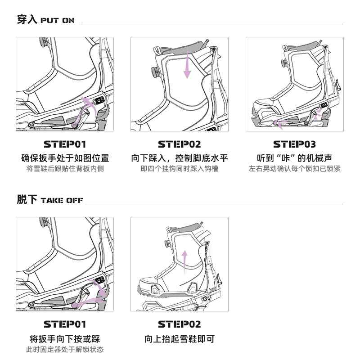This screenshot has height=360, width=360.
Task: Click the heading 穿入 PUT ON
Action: click(46, 19)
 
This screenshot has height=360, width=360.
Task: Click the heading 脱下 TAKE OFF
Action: click(50, 199)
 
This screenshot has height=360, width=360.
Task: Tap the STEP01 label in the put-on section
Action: click(65, 144)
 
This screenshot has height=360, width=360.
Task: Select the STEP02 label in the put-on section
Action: click(180, 144)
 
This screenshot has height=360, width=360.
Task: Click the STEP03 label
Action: click(295, 144)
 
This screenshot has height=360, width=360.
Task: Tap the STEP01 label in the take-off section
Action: click(65, 324)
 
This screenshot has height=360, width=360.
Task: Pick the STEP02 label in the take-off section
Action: click(180, 324)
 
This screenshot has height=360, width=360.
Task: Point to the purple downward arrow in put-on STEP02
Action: click(187, 63)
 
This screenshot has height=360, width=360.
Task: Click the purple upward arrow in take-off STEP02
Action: click(184, 262)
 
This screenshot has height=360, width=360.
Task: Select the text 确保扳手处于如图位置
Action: click(65, 158)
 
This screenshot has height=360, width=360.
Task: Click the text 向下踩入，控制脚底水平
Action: click(180, 158)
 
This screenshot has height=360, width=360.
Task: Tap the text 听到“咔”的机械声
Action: click(295, 158)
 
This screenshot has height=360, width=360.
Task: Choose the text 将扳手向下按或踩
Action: click(65, 339)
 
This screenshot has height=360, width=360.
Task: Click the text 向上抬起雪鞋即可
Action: click(180, 339)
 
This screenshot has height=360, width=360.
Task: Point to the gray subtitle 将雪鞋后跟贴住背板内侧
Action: click(65, 169)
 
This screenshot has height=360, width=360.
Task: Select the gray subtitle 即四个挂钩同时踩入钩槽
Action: click(180, 169)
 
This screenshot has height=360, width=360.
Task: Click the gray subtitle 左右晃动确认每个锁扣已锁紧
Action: click(295, 169)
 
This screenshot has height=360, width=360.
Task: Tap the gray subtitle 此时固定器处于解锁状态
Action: click(65, 350)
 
